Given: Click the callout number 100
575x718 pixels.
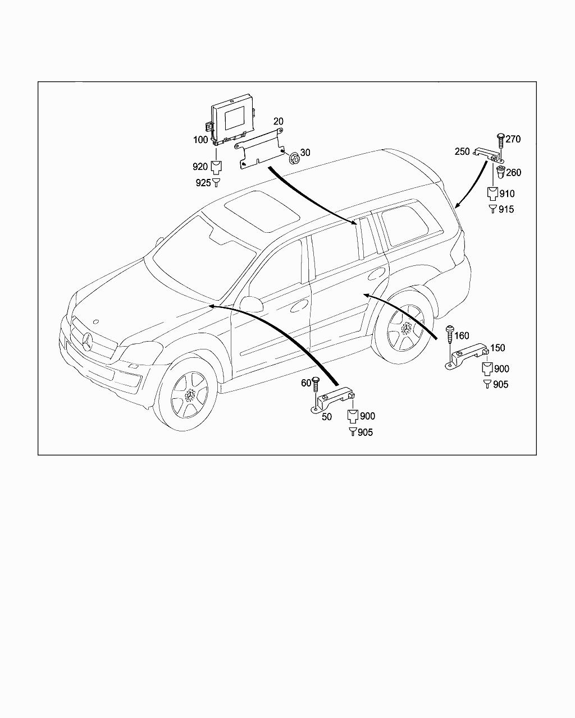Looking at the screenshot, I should [x=200, y=139].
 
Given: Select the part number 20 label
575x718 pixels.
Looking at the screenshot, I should [x=279, y=121].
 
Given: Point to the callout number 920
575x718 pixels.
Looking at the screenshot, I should [x=200, y=166].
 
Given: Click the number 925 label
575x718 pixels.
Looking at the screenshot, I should [x=203, y=183].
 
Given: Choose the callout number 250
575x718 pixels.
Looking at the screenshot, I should [x=462, y=152].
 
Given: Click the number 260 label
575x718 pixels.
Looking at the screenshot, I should [x=514, y=173].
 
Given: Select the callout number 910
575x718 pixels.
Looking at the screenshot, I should [x=507, y=194].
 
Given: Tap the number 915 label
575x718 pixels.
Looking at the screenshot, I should [x=506, y=209].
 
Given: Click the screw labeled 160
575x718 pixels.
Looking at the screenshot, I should [x=449, y=337].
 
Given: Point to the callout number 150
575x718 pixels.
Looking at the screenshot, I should [x=498, y=348].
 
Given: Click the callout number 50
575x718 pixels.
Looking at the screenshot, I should [x=327, y=417].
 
